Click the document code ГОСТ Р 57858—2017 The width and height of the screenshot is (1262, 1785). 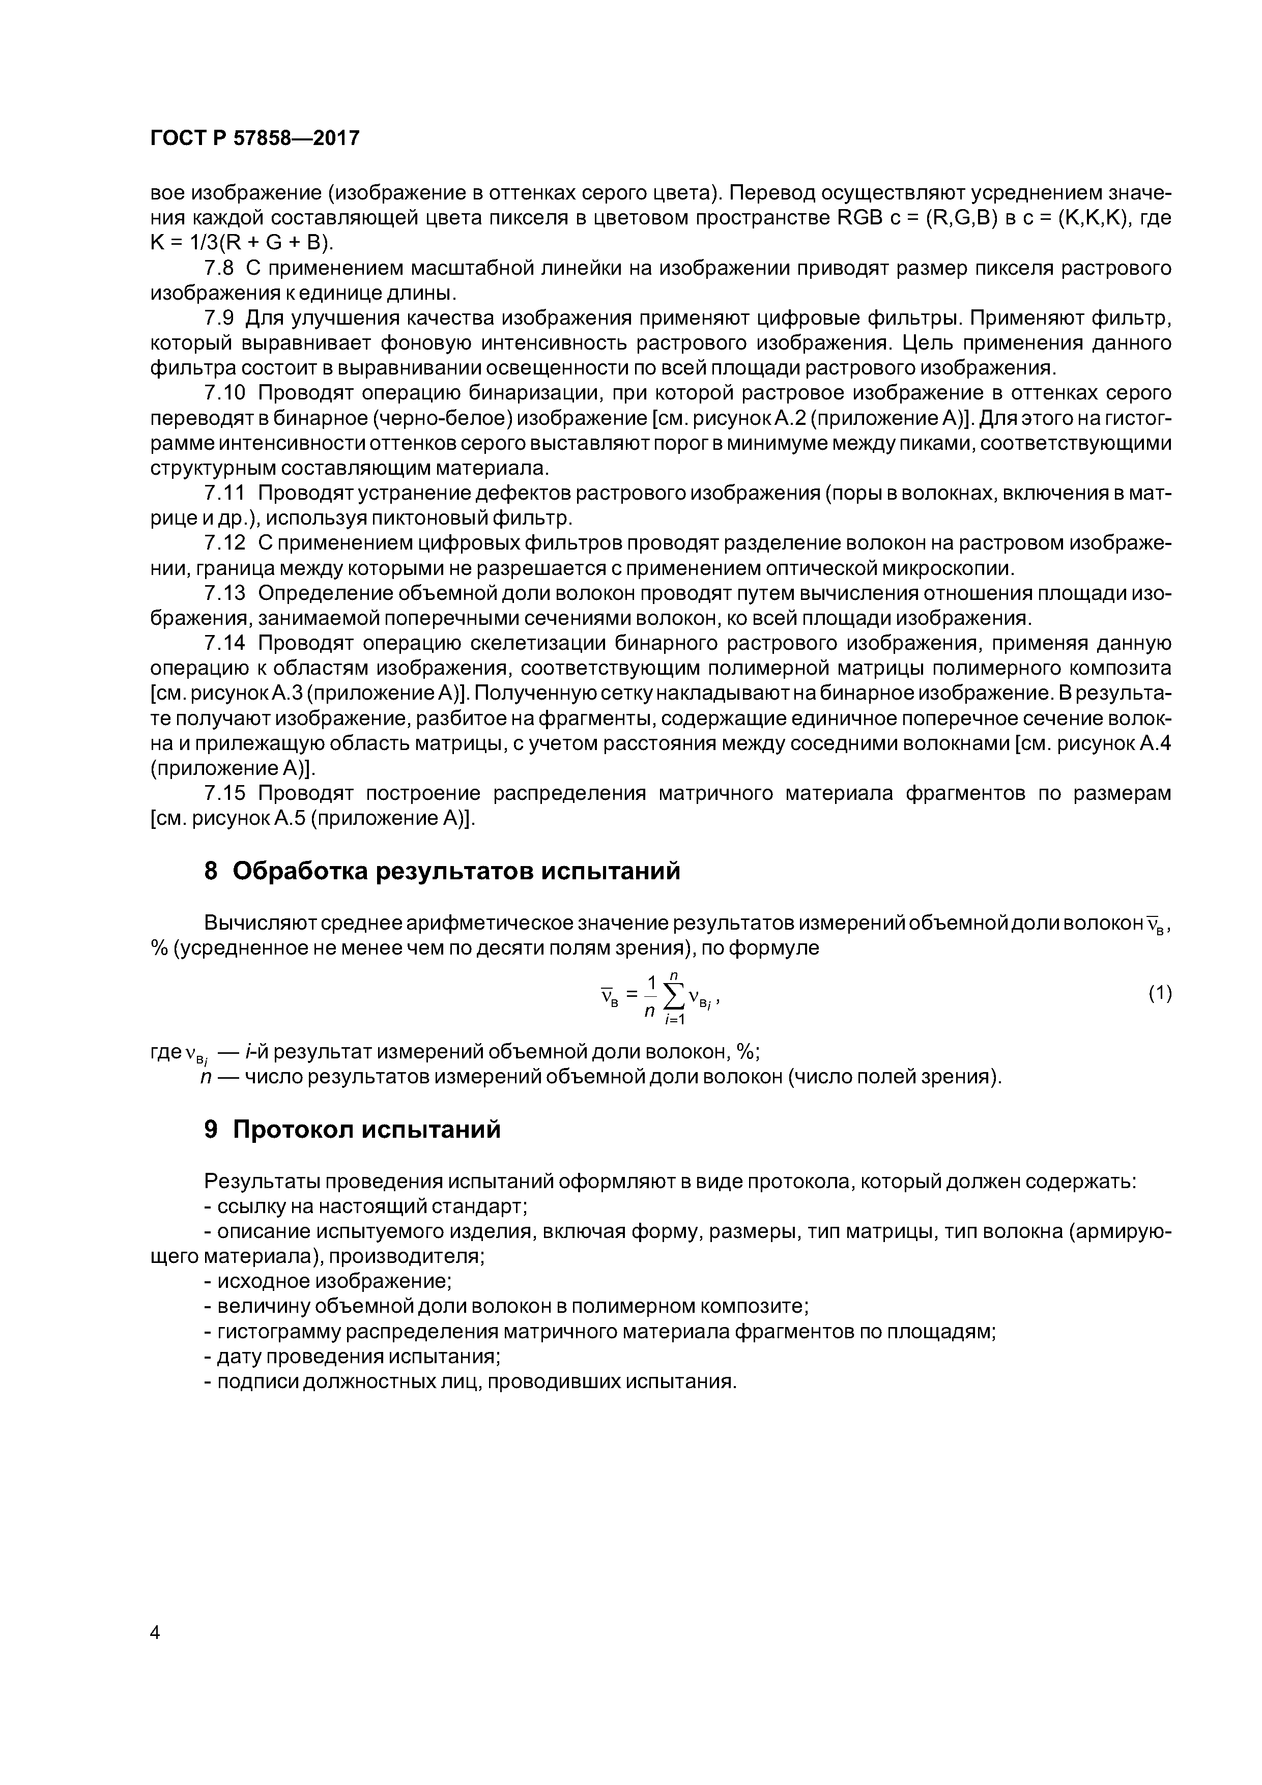(254, 138)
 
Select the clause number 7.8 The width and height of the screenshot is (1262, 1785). (218, 268)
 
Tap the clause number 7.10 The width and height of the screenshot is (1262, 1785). (225, 393)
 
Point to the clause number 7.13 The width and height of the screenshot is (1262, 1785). (225, 593)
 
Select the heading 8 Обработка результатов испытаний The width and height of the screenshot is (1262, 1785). (442, 871)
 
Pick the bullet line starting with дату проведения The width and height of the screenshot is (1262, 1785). (352, 1357)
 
